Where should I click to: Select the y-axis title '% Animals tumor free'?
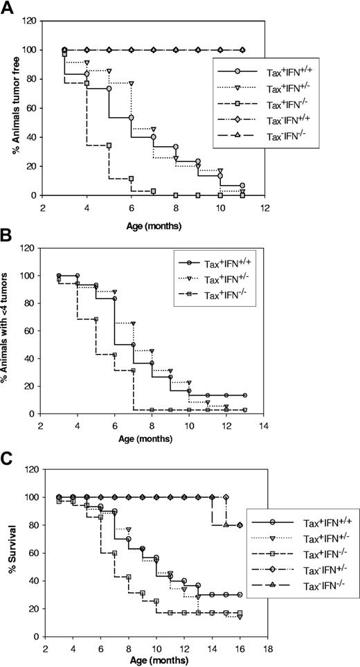tap(10, 109)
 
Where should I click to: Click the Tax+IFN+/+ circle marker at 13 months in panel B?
tap(244, 395)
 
